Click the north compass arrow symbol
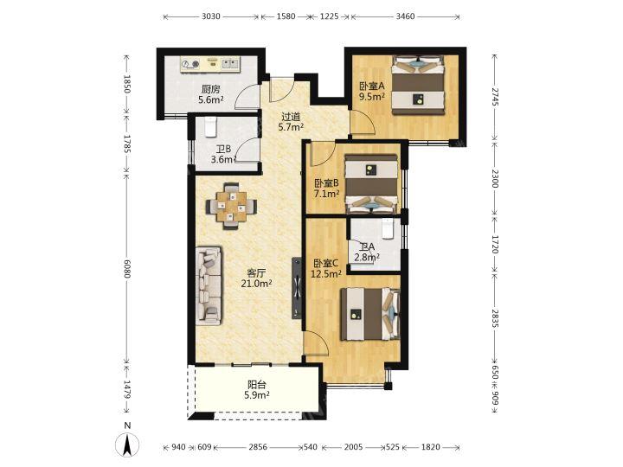tap(127, 445)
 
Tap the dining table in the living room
tap(231, 206)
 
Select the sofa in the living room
tap(209, 286)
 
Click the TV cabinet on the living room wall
tap(297, 288)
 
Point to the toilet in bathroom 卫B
tap(209, 126)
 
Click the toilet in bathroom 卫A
tap(388, 229)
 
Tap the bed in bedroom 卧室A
tap(418, 86)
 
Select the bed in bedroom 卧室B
tap(371, 184)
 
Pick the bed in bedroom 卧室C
tap(370, 314)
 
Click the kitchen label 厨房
tap(210, 89)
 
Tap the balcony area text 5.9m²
tap(257, 395)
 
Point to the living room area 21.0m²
tap(256, 284)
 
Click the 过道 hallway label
tap(291, 117)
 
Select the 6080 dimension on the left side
tap(127, 269)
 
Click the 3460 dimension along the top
tap(405, 16)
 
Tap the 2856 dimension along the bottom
tap(258, 447)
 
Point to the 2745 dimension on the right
tap(494, 97)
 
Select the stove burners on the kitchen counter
tap(190, 63)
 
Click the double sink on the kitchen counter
tap(230, 63)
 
